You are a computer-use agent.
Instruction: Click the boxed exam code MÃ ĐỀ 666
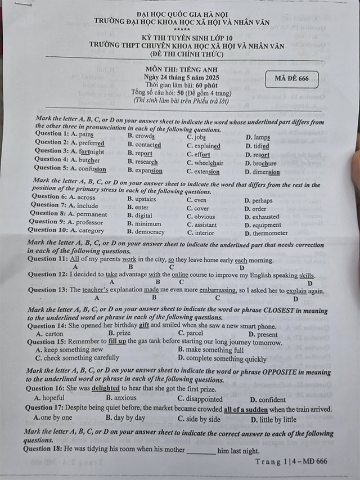pyautogui.click(x=292, y=79)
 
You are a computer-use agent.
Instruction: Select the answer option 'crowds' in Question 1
pyautogui.click(x=145, y=136)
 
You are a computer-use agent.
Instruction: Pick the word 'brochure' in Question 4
pyautogui.click(x=264, y=163)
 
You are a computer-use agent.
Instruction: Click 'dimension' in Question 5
pyautogui.click(x=266, y=172)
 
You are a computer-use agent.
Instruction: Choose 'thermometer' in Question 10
pyautogui.click(x=270, y=232)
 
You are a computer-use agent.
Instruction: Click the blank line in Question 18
pyautogui.click(x=201, y=451)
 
